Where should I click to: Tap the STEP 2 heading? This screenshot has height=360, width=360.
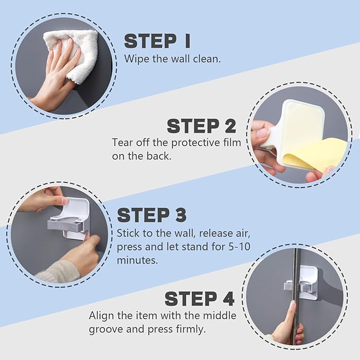[201, 126]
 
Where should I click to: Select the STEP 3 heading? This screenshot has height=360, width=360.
[152, 215]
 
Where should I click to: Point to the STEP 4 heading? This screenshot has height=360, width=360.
[199, 298]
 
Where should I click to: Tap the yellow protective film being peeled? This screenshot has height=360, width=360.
[308, 154]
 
